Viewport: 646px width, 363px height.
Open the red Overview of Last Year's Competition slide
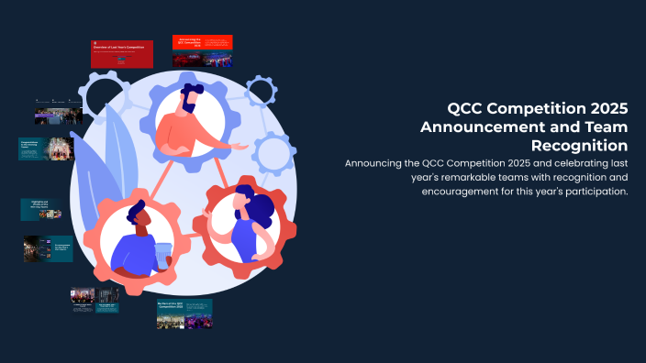[121, 53]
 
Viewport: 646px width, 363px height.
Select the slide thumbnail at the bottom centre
[184, 313]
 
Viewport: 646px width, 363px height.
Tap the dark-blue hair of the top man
[192, 93]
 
